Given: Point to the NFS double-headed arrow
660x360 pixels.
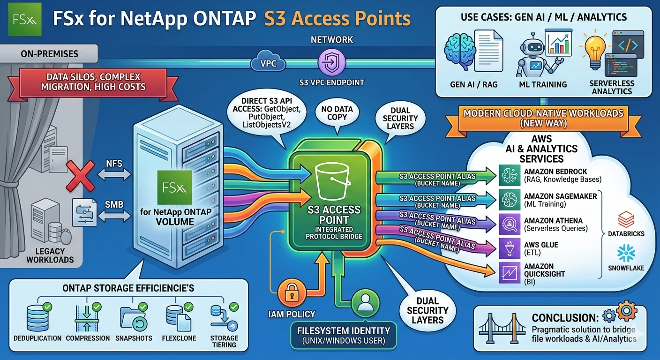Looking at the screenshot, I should point(114,173).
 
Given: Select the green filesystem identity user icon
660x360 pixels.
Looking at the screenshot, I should point(364,303).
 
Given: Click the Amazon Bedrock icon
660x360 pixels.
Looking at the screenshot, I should point(510,175).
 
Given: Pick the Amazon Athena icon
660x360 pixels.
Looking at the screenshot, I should point(510,224).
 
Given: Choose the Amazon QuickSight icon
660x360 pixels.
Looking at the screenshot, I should point(510,273).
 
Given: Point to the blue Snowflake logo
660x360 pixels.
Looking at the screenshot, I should point(626,254).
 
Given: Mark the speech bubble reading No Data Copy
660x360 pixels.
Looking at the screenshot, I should point(337,113).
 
